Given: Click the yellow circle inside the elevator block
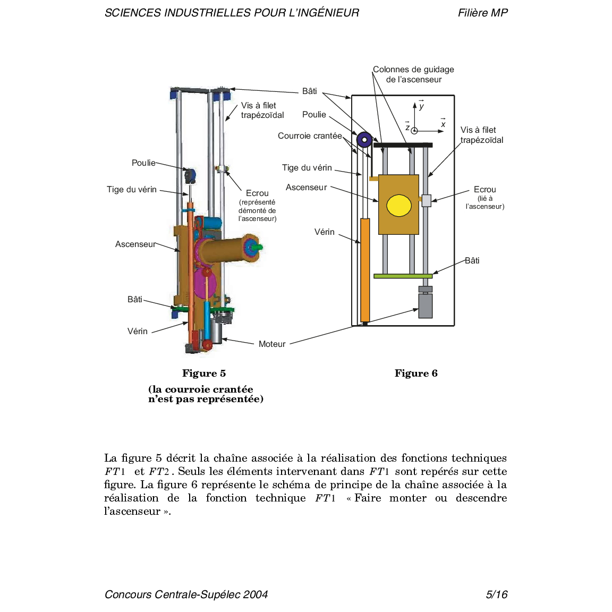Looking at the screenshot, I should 399,206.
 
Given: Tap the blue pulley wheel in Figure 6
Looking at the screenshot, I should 364,140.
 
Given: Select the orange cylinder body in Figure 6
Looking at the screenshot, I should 365,270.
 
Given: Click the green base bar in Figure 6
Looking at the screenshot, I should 403,276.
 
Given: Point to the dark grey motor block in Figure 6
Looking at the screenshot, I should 425,305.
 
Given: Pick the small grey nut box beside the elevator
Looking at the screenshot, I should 426,200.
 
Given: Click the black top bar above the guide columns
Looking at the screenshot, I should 403,145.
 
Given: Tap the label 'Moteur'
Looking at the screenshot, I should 272,344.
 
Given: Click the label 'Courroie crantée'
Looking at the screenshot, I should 310,136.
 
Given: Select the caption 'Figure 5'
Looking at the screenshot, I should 204,373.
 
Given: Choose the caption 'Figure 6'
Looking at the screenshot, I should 416,373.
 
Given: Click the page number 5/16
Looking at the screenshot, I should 497,594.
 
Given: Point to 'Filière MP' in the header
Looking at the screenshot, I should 483,13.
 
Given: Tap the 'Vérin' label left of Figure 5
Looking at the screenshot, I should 138,331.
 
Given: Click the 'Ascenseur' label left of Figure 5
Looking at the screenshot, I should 135,244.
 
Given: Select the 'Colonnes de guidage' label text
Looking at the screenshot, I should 413,70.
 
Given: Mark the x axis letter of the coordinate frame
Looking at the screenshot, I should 443,124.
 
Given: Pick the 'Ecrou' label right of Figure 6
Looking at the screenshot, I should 484,190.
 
